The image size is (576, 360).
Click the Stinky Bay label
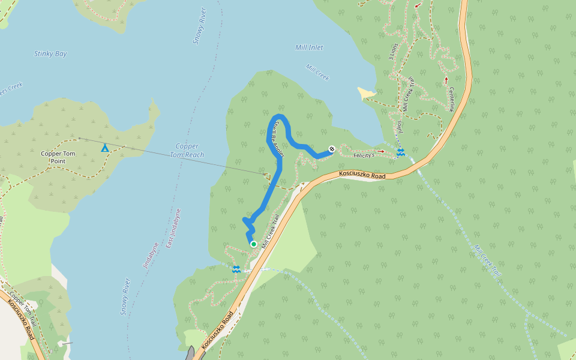click(x=50, y=54)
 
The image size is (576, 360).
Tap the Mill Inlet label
click(x=309, y=47)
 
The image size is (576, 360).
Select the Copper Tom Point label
click(x=58, y=157)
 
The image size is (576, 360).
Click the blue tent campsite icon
click(x=105, y=148)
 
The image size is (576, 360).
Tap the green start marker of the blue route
click(x=254, y=244)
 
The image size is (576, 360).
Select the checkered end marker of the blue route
click(x=331, y=149)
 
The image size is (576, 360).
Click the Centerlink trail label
click(x=452, y=99)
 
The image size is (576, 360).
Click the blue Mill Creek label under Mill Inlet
click(x=317, y=72)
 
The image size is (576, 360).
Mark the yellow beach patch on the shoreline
click(x=366, y=93)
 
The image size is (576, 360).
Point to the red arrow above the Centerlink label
click(x=446, y=79)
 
